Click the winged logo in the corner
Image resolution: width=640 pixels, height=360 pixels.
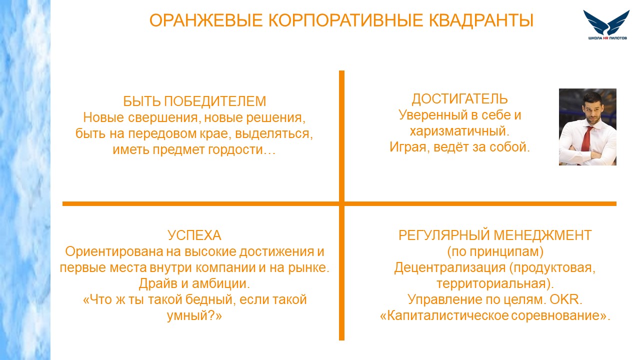607,24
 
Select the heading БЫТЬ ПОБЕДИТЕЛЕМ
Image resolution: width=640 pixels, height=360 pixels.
194,101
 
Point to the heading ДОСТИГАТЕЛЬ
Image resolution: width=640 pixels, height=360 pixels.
459,99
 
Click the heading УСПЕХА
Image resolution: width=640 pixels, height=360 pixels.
194,235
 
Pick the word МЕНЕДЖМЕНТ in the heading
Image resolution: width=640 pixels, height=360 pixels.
542,235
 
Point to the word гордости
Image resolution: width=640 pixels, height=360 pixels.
241,149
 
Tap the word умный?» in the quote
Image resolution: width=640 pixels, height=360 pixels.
194,316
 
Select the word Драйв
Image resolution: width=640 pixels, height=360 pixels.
158,283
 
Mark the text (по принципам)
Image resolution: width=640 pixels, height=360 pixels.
495,251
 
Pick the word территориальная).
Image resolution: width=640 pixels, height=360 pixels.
495,283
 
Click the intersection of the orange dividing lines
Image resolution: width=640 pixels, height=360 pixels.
341,203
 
